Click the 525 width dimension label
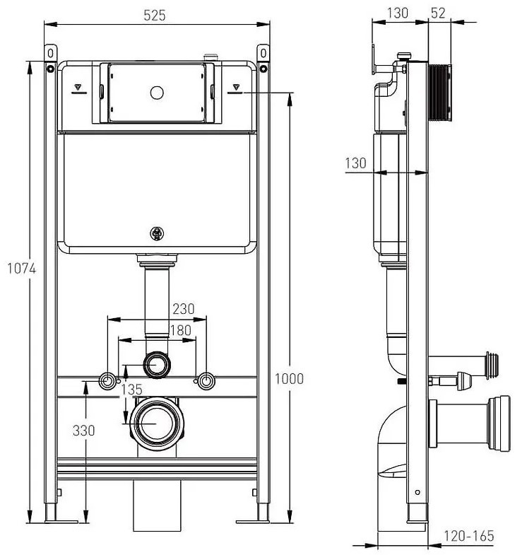tap(157, 15)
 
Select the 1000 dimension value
tap(289, 379)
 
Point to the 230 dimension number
tap(182, 308)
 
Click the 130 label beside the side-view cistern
tap(355, 163)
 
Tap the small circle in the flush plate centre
tap(157, 91)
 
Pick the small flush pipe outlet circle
tap(157, 365)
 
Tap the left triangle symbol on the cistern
tap(78, 90)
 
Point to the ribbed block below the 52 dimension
tap(441, 92)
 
